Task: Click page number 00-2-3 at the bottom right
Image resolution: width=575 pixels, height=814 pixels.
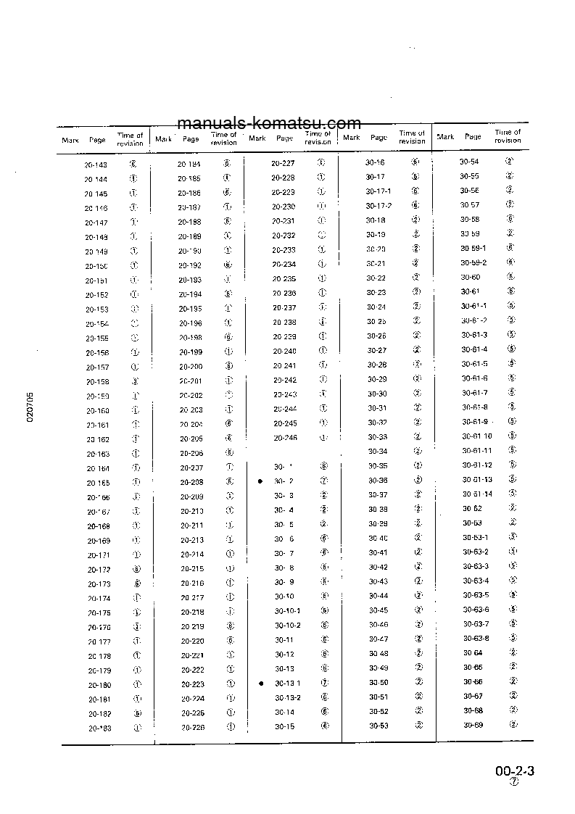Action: tap(515, 771)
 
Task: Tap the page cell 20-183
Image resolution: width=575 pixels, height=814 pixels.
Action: tap(99, 728)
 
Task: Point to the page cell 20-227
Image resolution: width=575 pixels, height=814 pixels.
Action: tap(283, 163)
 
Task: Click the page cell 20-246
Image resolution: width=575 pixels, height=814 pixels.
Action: tap(286, 438)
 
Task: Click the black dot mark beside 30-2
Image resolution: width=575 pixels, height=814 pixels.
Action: tap(260, 481)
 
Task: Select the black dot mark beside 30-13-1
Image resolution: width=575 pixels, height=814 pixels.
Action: tap(260, 683)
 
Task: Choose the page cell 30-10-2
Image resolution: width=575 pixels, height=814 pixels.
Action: tap(287, 625)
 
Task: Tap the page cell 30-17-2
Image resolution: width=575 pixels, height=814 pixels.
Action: tap(378, 206)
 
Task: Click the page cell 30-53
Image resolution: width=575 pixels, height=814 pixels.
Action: tap(378, 726)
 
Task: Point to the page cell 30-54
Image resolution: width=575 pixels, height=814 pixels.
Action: tap(469, 162)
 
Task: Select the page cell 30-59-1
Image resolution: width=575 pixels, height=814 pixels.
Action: tap(473, 248)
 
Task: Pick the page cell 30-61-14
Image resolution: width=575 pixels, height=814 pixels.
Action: tap(477, 494)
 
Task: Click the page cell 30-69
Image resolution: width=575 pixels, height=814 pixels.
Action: tap(473, 725)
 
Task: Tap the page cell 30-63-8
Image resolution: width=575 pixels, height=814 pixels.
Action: tap(476, 638)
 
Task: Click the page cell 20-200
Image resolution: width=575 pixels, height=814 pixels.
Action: tap(191, 366)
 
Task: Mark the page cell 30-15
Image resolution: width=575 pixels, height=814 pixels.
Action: tap(284, 726)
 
